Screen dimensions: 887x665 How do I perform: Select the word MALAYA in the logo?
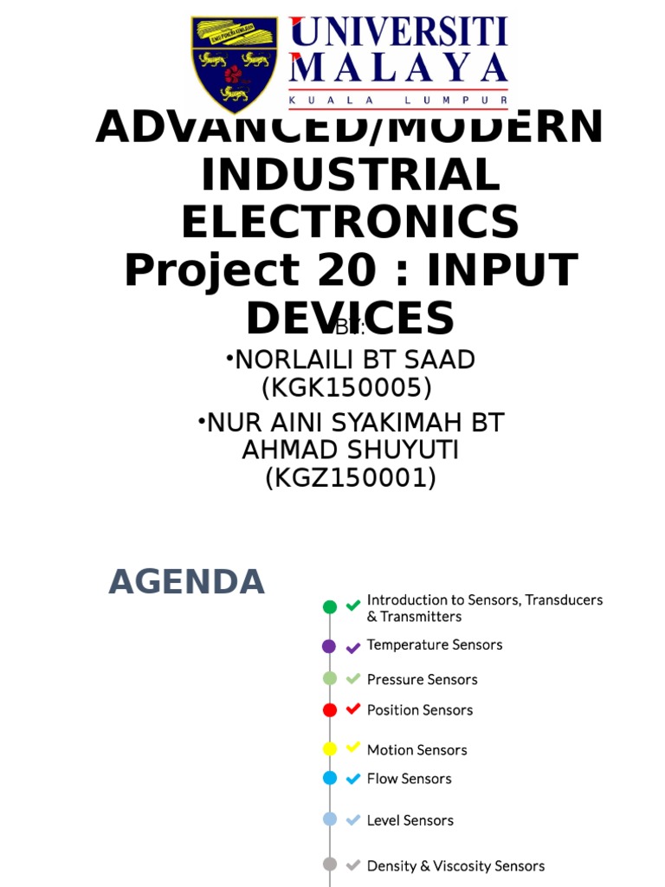398,69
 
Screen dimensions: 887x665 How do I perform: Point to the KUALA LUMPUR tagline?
398,100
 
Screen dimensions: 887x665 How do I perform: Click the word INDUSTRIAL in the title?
350,176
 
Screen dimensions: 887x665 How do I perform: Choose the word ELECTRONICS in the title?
350,223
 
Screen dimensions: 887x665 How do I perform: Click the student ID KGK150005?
346,386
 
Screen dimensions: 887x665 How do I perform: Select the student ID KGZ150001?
350,477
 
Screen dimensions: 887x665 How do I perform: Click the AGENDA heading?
186,581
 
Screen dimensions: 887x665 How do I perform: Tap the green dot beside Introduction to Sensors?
330,607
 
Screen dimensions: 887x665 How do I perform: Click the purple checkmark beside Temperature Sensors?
352,647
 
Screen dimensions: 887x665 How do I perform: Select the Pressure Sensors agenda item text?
422,680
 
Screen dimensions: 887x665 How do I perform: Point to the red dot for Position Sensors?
330,710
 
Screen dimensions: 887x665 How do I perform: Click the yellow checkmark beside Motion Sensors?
352,748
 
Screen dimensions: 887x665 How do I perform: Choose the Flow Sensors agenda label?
409,779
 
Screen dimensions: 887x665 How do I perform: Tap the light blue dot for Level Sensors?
330,819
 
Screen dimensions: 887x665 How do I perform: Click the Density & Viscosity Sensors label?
455,866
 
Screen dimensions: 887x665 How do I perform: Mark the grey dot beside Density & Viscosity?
330,864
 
